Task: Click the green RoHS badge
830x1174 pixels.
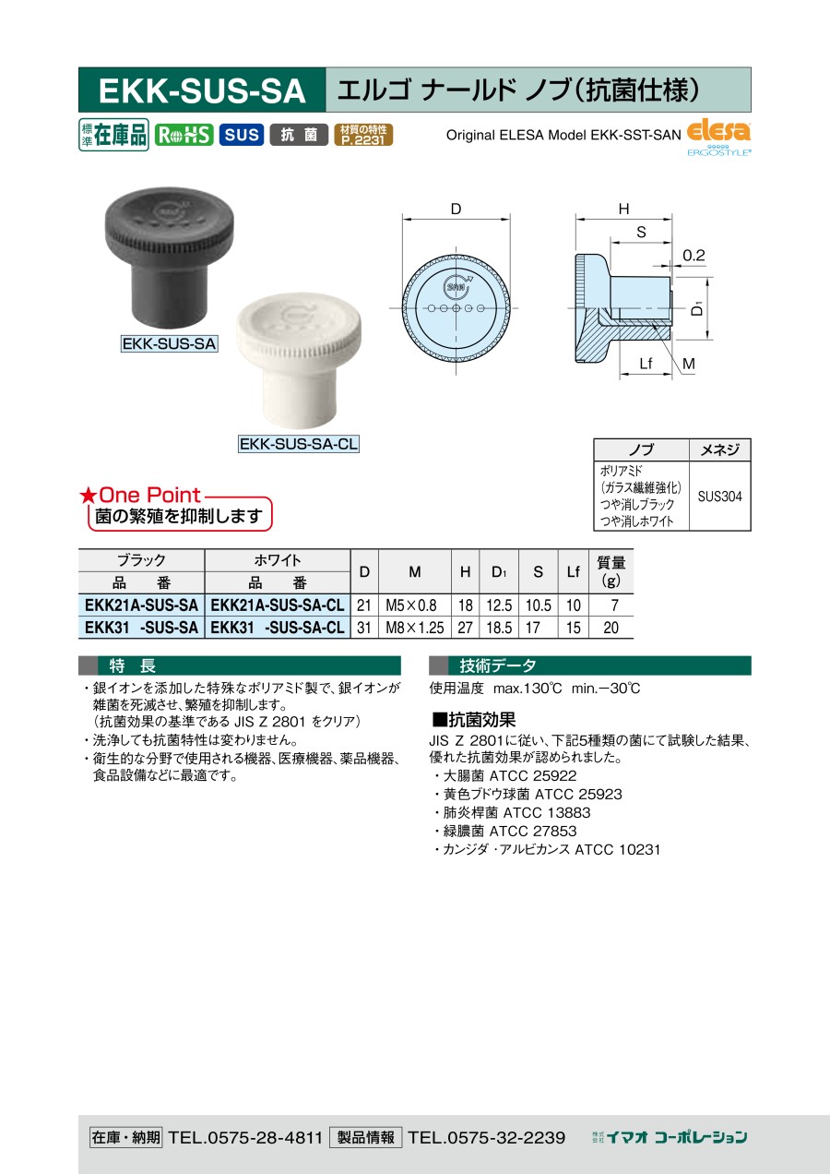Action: click(184, 135)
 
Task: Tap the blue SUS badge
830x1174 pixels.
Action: click(242, 135)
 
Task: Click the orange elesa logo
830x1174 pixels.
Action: click(718, 131)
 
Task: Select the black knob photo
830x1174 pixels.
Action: click(169, 257)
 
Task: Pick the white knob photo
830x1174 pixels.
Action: click(298, 360)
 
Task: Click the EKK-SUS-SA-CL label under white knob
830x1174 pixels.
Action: click(299, 444)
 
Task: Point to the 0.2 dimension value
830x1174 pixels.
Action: click(694, 256)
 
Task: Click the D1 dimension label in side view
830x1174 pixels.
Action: click(697, 309)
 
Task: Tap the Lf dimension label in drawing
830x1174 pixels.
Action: click(646, 364)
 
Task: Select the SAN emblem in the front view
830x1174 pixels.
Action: click(456, 287)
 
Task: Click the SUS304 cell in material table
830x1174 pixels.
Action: click(719, 496)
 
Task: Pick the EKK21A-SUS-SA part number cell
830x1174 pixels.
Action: click(141, 605)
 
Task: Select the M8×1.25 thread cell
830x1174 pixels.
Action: click(415, 628)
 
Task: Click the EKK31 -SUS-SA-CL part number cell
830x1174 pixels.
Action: click(278, 628)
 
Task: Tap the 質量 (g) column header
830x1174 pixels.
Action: click(611, 571)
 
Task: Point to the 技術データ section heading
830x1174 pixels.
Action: click(498, 665)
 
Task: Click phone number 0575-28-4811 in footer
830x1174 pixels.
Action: click(245, 1137)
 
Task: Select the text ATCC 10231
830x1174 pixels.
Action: click(617, 849)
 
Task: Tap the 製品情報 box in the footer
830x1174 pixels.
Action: click(365, 1137)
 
